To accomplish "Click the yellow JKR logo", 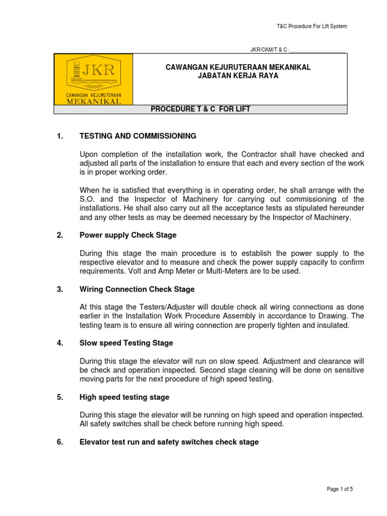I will [x=94, y=79].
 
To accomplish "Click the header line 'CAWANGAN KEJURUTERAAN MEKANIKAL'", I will [x=238, y=67].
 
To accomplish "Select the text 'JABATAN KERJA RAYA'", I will [x=238, y=76].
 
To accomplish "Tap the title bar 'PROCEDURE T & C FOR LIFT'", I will [x=201, y=109].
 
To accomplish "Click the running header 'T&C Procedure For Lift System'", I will [x=312, y=26].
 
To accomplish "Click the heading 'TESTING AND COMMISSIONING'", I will [x=138, y=136].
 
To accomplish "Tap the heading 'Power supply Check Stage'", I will [x=128, y=235].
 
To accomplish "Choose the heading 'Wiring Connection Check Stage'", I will [x=137, y=289].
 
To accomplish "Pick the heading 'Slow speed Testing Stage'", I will [x=126, y=343].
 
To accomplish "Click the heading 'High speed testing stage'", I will [x=124, y=397].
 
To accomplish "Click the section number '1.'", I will [x=60, y=136].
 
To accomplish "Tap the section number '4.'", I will [x=60, y=343].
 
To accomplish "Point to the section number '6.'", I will [x=60, y=442].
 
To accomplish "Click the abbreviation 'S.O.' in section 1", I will [x=87, y=199].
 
